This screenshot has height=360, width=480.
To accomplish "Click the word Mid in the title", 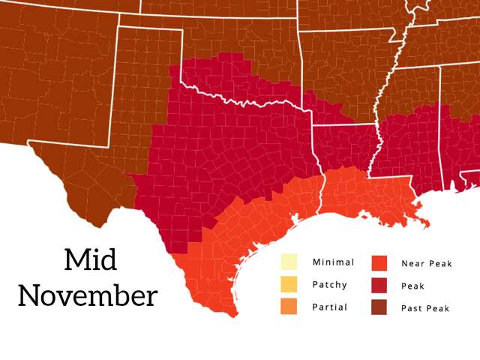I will [x=90, y=260].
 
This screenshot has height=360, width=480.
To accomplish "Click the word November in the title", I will [x=88, y=295].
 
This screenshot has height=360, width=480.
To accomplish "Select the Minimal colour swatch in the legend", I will [x=289, y=262].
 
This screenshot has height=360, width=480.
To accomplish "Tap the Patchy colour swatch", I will [x=289, y=284].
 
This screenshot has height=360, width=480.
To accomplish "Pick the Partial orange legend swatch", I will [x=289, y=307].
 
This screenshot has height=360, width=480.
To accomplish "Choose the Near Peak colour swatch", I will [x=379, y=262].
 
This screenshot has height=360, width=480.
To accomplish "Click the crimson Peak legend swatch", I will [x=379, y=285].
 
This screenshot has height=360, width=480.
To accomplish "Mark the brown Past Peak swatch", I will [x=379, y=307].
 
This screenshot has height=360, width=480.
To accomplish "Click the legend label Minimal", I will [x=333, y=262].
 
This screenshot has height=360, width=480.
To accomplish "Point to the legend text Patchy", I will [x=329, y=284].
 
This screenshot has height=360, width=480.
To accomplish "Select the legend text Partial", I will [x=329, y=307].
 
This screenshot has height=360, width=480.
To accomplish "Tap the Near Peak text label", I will [x=427, y=263].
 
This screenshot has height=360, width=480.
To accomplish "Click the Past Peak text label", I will [x=425, y=308].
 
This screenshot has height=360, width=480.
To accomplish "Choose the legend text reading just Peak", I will [x=412, y=286].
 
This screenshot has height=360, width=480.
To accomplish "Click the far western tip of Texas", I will [x=30, y=142].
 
